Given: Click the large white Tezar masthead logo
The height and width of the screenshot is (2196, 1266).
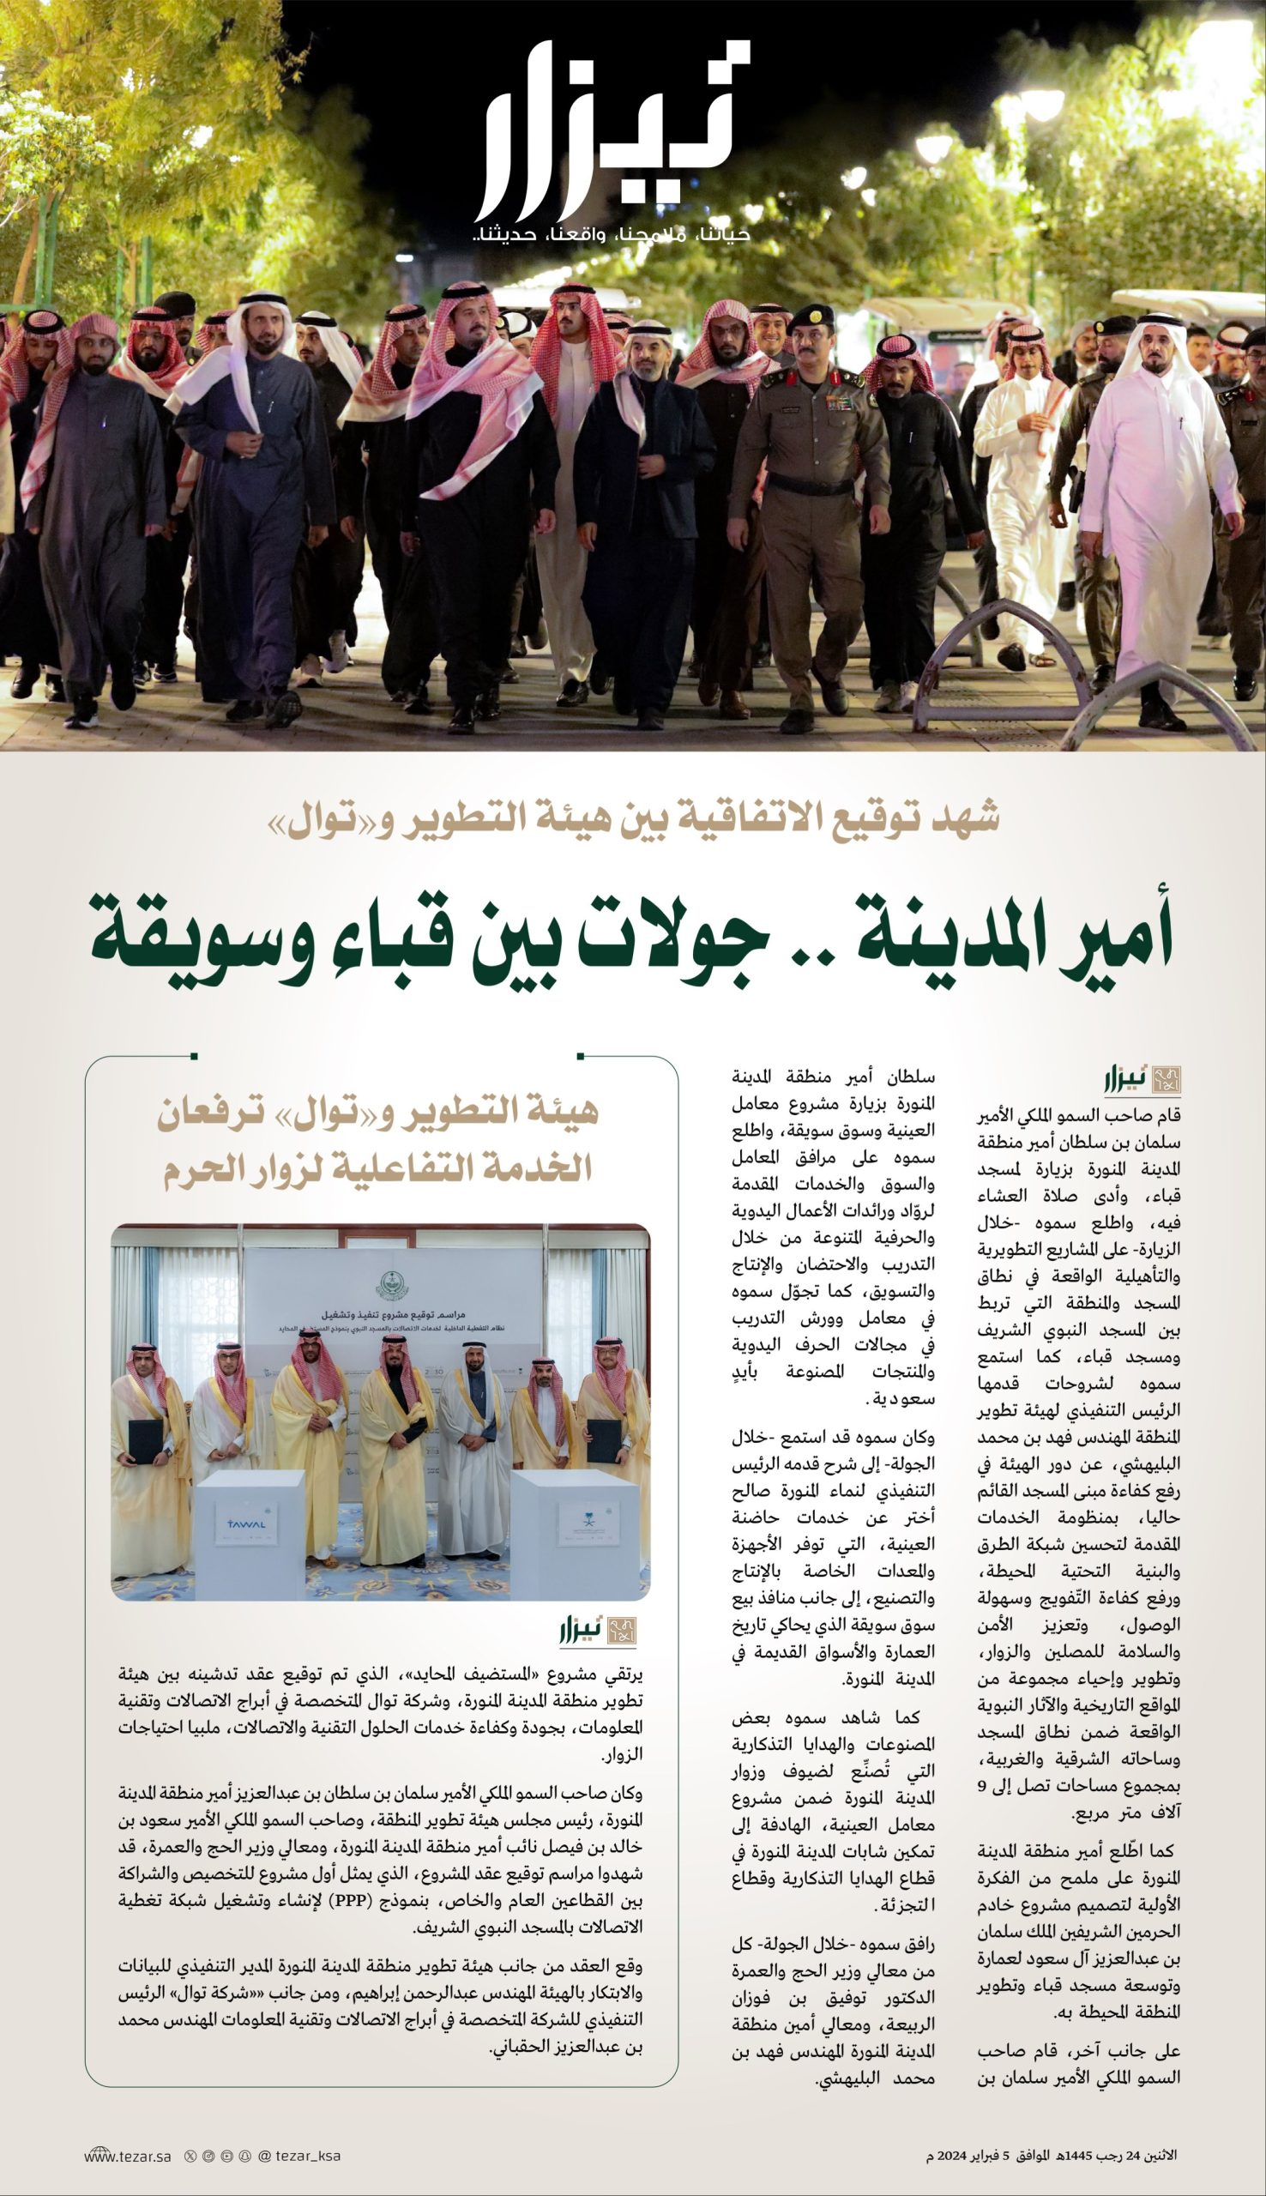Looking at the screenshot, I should [609, 130].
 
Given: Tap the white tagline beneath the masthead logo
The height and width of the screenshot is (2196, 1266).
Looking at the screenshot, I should [609, 235].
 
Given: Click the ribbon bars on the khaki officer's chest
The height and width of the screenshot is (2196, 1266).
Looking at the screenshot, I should [839, 401].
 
